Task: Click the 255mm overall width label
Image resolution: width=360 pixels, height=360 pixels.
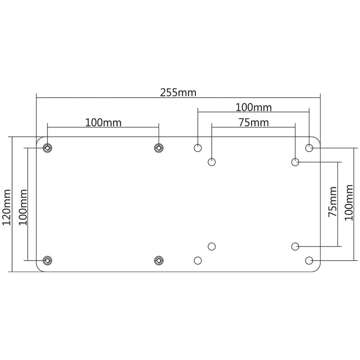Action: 178,93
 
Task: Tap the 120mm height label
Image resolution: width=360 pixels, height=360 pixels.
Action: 6,207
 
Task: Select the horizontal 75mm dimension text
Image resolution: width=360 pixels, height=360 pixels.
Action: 254,122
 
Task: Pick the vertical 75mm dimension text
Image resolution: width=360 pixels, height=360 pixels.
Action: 333,202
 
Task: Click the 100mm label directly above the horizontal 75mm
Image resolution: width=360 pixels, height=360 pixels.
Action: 254,107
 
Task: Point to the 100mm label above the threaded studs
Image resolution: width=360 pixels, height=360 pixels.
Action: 103,122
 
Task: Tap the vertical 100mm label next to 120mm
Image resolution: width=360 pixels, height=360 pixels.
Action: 23,207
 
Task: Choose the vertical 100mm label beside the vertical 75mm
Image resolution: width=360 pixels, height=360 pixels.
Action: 349,202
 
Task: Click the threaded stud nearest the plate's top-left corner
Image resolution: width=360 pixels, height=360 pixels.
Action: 47,148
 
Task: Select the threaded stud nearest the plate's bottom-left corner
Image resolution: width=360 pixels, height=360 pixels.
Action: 47,260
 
